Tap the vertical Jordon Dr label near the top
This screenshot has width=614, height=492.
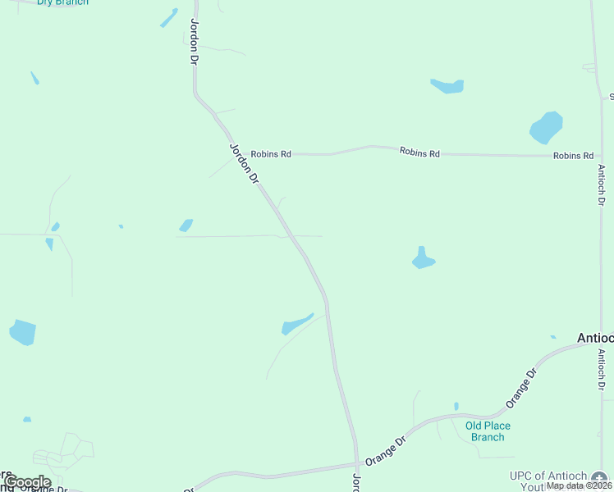tap(195, 42)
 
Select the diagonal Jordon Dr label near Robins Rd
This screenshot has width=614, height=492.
tap(243, 163)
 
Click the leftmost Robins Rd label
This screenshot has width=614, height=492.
tap(271, 153)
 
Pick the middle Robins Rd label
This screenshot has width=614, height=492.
tap(419, 153)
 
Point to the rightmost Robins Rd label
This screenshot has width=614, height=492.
tap(573, 155)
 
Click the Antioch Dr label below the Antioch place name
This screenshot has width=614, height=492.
tap(601, 370)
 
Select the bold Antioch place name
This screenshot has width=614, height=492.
tap(594, 338)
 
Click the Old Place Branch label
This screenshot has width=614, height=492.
tap(488, 431)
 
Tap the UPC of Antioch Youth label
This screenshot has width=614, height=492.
tap(548, 480)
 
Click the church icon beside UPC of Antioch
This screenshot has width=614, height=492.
tap(600, 477)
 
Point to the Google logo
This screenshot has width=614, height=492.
tap(27, 482)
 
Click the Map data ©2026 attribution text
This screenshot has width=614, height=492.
tap(580, 485)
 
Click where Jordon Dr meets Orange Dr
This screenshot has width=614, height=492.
tap(356, 466)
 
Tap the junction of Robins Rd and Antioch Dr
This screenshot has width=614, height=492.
tap(601, 155)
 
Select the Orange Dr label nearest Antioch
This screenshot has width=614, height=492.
tap(521, 388)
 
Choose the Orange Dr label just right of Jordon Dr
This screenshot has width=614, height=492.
tap(386, 451)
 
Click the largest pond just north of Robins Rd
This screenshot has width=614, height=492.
tap(546, 127)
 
